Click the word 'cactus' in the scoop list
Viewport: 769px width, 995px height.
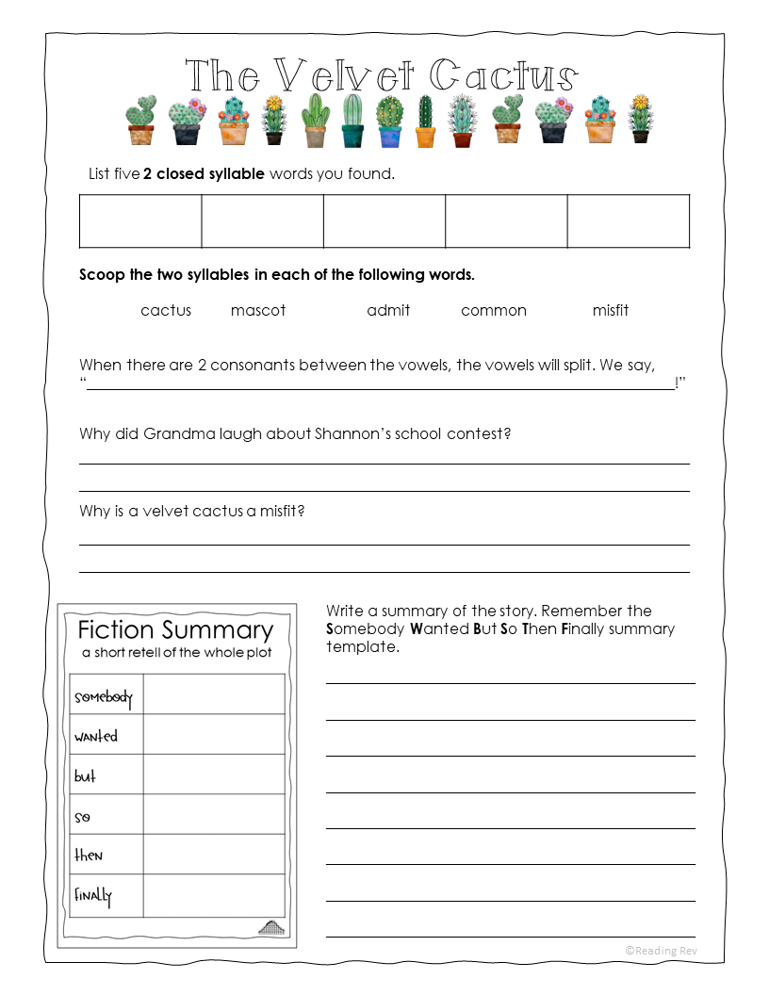[x=166, y=310]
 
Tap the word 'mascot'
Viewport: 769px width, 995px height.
[x=258, y=310]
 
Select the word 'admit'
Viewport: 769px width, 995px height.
[x=388, y=310]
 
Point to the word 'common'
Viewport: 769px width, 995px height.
[x=494, y=310]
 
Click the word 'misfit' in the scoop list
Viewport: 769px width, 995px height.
[x=611, y=310]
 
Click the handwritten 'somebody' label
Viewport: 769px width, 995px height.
[x=103, y=697]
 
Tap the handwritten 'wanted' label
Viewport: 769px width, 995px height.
[x=96, y=736]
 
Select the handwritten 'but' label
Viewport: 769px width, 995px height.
[x=85, y=776]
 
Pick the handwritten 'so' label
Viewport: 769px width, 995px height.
[x=82, y=816]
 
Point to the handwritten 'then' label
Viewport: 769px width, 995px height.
[x=89, y=855]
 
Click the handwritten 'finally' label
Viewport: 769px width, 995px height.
[x=93, y=895]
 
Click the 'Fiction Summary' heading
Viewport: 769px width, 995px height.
[x=175, y=629]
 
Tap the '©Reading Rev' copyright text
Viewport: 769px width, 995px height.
[x=661, y=951]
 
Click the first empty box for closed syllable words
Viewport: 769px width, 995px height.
[x=140, y=221]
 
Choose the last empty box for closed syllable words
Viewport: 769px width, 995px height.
[x=628, y=221]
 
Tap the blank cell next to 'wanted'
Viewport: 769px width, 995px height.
[x=214, y=734]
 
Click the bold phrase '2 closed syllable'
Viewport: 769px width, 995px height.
[x=204, y=173]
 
